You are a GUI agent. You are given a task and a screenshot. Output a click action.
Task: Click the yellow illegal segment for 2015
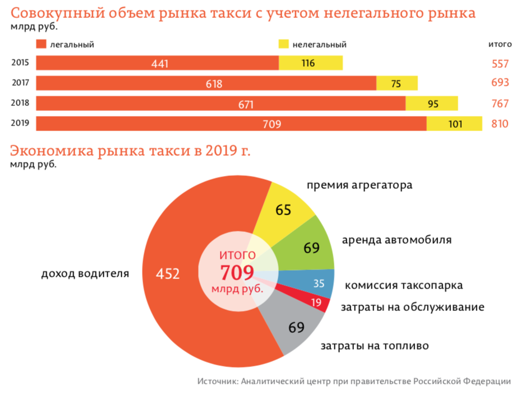(x=311, y=63)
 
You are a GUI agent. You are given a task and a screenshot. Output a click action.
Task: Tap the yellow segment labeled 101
(x=454, y=124)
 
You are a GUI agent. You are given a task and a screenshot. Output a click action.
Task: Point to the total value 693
(x=499, y=83)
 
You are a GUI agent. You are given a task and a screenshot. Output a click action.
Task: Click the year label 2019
(x=20, y=123)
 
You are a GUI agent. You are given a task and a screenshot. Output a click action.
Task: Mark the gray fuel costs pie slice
(x=296, y=328)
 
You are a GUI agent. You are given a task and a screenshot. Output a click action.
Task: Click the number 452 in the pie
(x=168, y=274)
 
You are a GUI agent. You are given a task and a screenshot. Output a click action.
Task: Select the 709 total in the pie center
(x=237, y=273)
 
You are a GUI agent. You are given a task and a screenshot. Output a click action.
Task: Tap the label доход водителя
(x=85, y=275)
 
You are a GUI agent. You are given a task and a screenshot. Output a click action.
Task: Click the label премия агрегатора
(x=359, y=185)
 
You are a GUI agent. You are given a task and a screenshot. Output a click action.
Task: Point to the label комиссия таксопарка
(x=403, y=285)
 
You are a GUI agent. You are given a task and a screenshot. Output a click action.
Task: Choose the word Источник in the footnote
(x=217, y=382)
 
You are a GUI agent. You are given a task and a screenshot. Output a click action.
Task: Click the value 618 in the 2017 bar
(x=214, y=84)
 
